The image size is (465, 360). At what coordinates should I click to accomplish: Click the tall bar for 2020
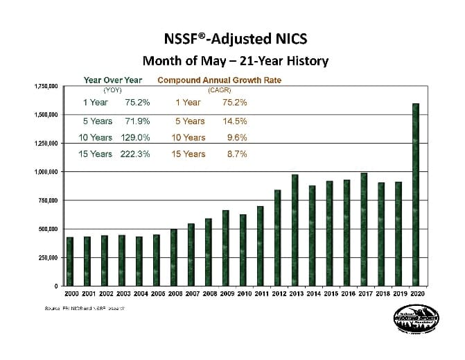pyautogui.click(x=416, y=195)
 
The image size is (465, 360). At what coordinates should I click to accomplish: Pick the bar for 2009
pyautogui.click(x=226, y=248)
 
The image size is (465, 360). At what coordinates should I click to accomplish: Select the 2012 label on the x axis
pyautogui.click(x=277, y=294)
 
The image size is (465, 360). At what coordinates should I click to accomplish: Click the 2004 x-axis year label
pyautogui.click(x=139, y=294)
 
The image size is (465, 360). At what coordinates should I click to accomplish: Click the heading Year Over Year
pyautogui.click(x=112, y=80)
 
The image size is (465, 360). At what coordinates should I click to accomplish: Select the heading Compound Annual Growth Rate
pyautogui.click(x=219, y=80)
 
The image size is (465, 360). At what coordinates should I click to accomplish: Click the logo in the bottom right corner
pyautogui.click(x=413, y=323)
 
